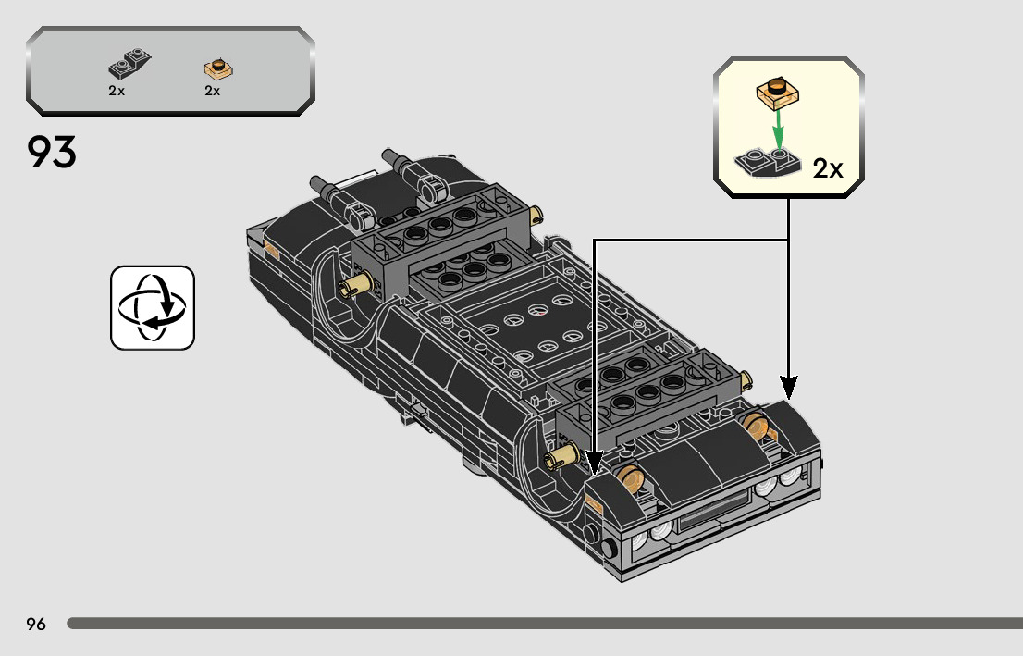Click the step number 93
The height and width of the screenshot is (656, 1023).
pyautogui.click(x=52, y=153)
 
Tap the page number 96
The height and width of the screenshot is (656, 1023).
pyautogui.click(x=36, y=624)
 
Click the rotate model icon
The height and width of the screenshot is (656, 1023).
pyautogui.click(x=153, y=307)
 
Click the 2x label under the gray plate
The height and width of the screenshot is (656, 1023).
pyautogui.click(x=117, y=91)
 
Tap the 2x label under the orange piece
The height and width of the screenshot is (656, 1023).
pyautogui.click(x=213, y=91)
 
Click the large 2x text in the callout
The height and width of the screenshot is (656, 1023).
pyautogui.click(x=828, y=168)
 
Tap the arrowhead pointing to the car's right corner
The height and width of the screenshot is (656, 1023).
pyautogui.click(x=788, y=384)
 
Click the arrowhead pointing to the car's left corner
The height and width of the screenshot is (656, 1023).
pyautogui.click(x=594, y=459)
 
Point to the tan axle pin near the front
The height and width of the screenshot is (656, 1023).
pyautogui.click(x=562, y=457)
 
